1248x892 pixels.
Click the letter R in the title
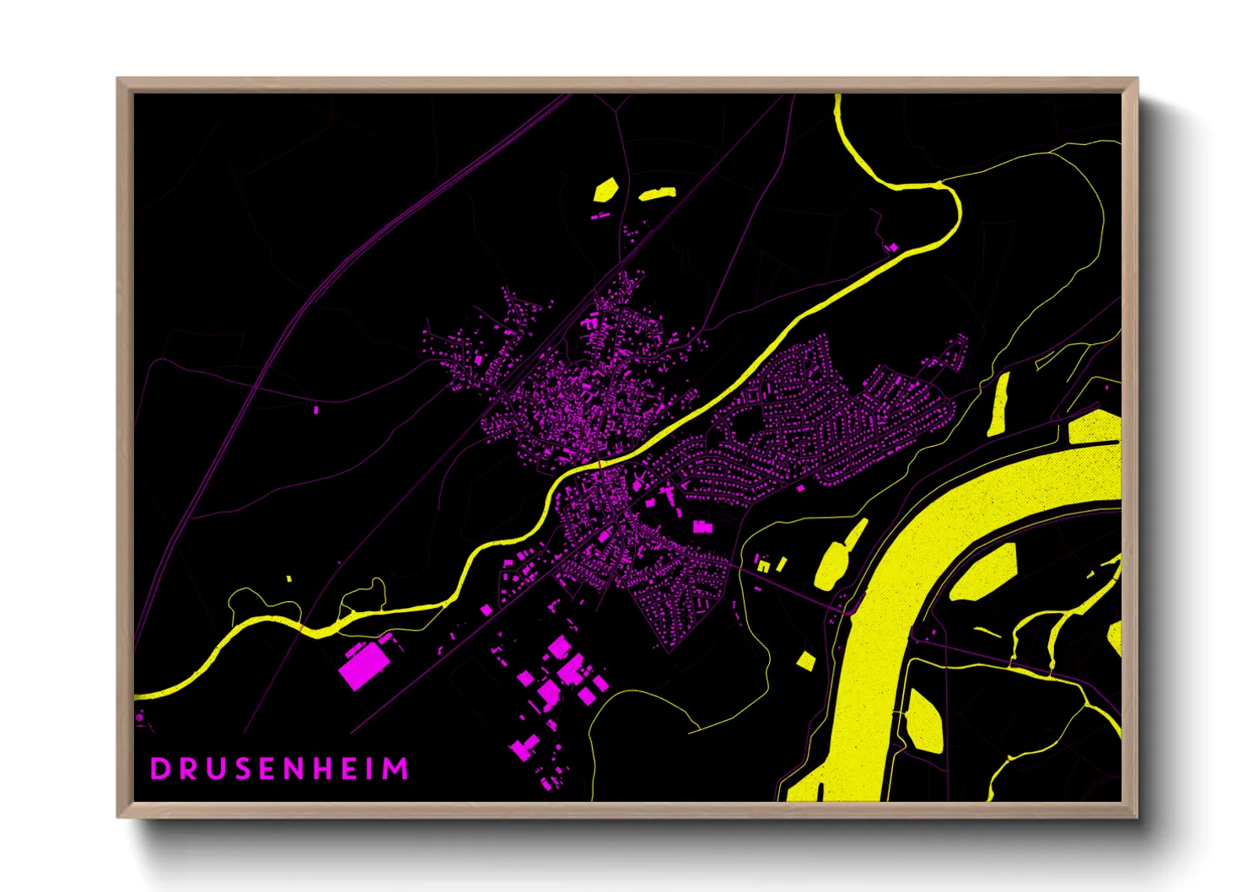tap(187, 769)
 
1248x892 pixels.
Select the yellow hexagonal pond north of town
tap(605, 190)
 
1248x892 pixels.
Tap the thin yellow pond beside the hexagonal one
tap(657, 194)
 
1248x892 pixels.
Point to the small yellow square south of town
tap(806, 660)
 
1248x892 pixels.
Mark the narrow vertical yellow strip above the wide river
tap(999, 405)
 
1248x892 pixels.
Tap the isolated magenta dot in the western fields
tap(316, 410)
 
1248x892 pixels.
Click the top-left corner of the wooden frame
tap(118, 79)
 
